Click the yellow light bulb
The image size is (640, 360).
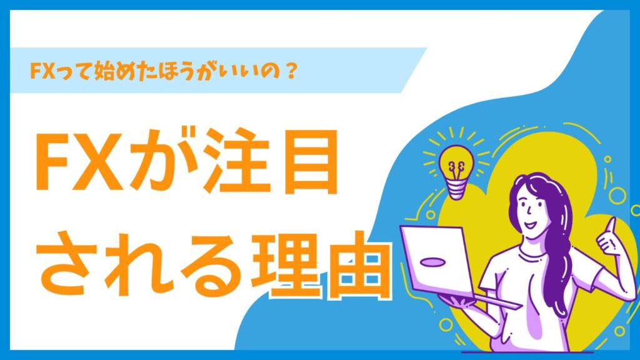point(456,171)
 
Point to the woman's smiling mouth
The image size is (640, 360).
point(530,224)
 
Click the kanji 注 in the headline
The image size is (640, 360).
point(236,161)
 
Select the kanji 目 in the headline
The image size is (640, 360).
point(311,162)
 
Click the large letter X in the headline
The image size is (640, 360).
point(98,162)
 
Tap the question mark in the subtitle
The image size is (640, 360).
point(291,71)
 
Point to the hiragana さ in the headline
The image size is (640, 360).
point(67,264)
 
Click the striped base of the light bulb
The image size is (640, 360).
point(456,190)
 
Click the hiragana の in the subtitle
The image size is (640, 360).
point(271,71)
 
